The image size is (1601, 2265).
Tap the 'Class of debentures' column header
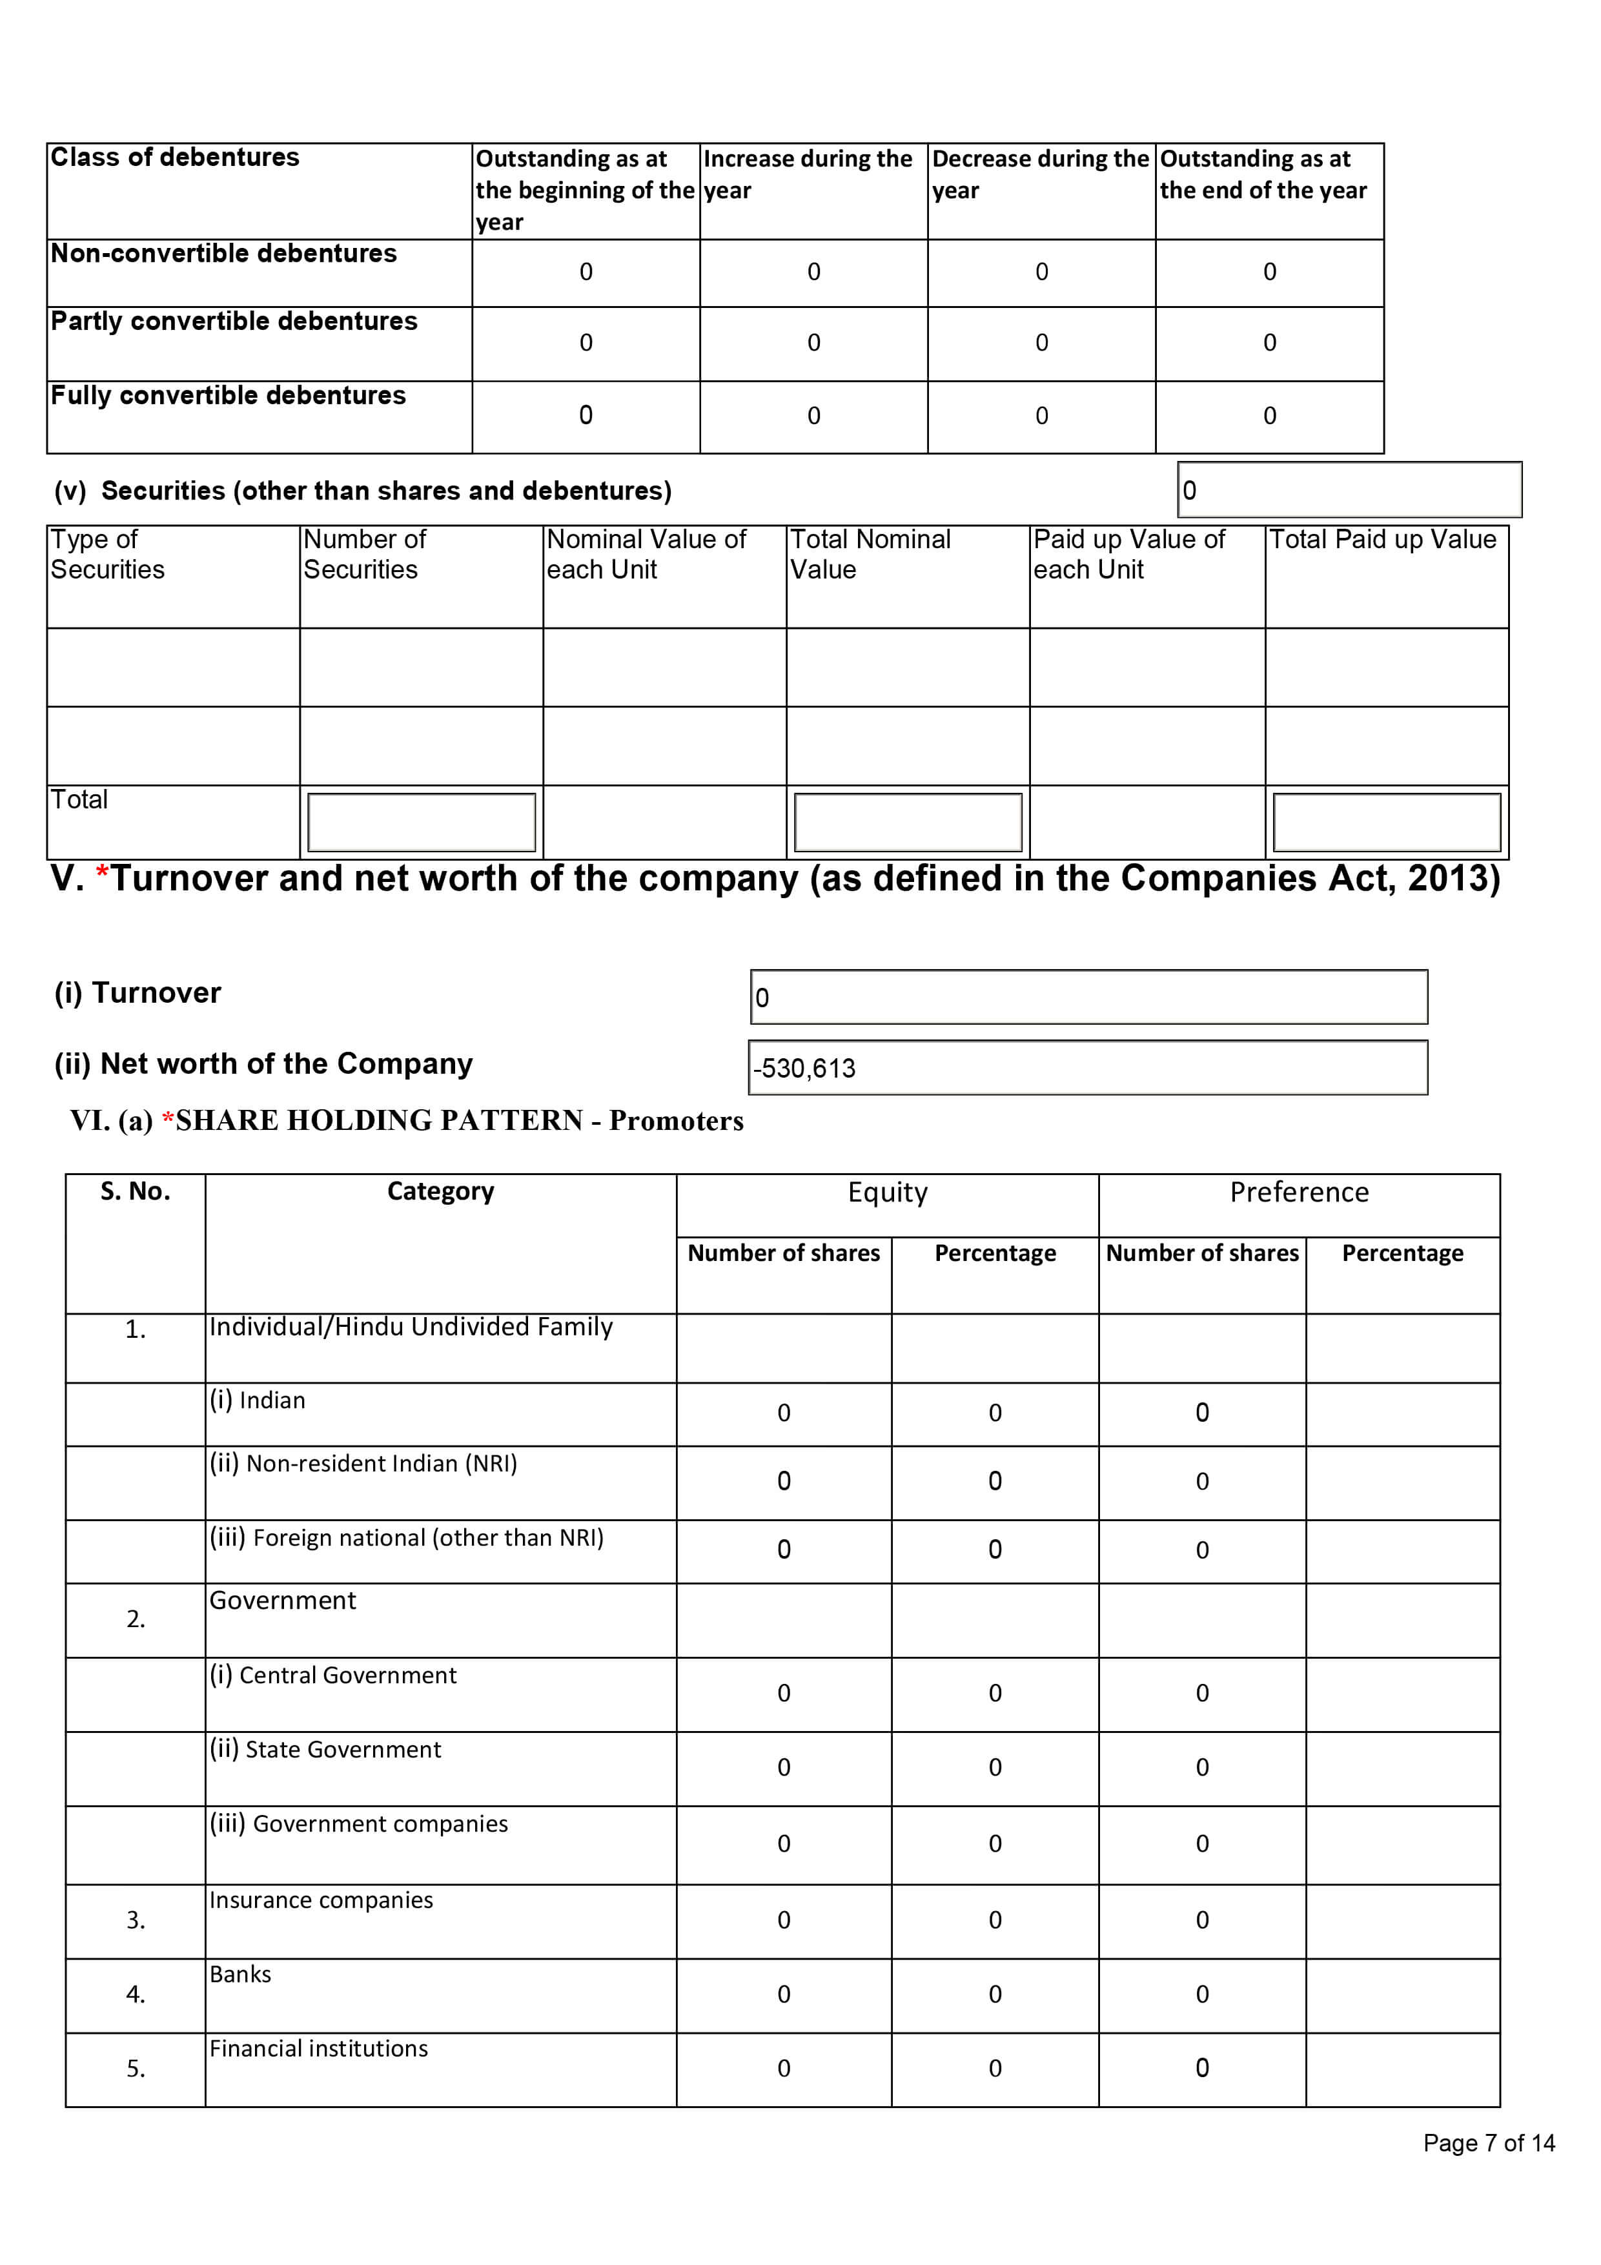[174, 158]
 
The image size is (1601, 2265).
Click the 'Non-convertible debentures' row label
[224, 254]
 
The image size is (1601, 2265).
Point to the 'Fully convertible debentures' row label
[228, 396]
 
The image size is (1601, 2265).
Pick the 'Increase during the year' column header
[808, 174]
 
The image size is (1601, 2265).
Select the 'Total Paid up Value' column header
[1382, 540]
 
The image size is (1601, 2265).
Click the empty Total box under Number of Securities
[421, 822]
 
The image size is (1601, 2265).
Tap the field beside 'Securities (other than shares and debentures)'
[1349, 489]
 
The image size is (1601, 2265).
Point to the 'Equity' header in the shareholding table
[887, 1193]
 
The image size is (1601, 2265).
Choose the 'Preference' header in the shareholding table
[1298, 1193]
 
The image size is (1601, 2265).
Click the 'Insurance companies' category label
[321, 1900]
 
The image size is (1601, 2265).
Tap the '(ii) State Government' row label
[325, 1749]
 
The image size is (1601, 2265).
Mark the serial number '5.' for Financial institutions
[135, 2069]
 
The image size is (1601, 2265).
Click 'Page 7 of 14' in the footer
[1487, 2143]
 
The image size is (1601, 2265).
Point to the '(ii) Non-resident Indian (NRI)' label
[362, 1463]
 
